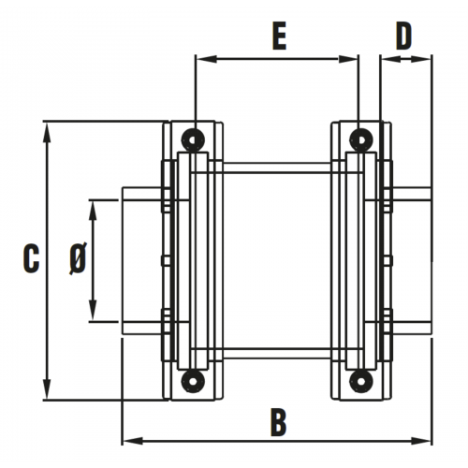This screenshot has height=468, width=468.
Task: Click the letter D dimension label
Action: [404, 37]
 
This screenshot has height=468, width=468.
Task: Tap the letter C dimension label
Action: [31, 258]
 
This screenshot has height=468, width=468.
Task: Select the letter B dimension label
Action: [279, 423]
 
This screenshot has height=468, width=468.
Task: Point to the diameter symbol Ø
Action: [78, 258]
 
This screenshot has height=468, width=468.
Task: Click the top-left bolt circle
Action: [193, 139]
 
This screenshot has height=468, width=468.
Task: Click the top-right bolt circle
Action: [361, 139]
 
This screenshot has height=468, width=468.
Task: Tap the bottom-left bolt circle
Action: [193, 381]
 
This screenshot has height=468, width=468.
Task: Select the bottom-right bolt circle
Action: [361, 381]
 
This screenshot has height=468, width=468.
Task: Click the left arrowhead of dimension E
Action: [206, 59]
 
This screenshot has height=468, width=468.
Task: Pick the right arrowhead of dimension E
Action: [348, 59]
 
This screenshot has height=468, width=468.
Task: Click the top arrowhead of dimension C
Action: [47, 133]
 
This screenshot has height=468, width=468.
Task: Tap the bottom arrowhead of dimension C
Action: [47, 388]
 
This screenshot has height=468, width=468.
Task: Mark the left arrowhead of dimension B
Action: [132, 441]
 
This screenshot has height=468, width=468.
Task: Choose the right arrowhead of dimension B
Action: [421, 441]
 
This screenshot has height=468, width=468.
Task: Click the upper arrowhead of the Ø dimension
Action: [93, 210]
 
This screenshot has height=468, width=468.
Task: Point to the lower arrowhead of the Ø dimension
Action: [93, 310]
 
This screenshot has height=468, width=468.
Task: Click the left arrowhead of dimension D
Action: [391, 59]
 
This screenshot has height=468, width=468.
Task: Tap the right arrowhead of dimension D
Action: [421, 59]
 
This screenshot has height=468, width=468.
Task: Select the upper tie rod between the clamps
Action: [277, 168]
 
